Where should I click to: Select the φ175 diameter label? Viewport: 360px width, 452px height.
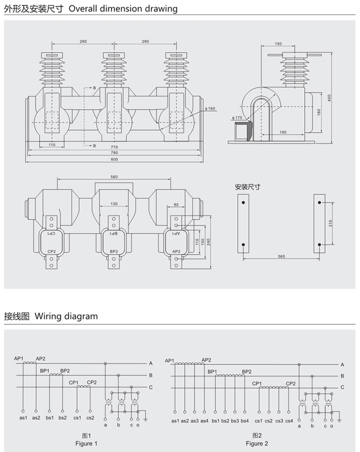238,117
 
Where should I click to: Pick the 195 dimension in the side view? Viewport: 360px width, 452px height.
283,132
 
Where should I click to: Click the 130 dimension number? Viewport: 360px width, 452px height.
114,204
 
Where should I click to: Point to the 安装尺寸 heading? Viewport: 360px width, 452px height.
247,187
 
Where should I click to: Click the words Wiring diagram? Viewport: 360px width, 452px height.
66,316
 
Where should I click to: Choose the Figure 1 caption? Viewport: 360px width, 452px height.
85,443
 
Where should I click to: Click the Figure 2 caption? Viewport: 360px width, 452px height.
257,443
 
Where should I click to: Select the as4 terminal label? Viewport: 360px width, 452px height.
204,420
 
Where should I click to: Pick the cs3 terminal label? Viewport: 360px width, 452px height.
279,420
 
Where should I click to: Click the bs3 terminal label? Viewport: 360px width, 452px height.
234,420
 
